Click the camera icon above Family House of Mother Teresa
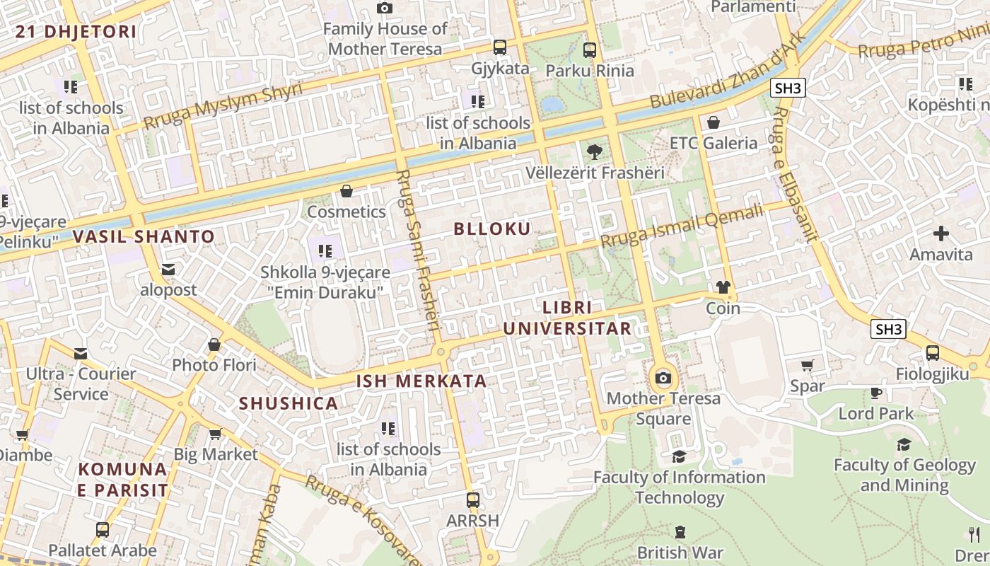point(385,8)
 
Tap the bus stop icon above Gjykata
point(500,47)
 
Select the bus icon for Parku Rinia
point(590,50)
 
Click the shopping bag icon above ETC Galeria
point(714,122)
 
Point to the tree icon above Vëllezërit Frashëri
point(595,151)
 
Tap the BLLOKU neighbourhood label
point(492,229)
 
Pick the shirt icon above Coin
point(723,287)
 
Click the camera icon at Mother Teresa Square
point(663,378)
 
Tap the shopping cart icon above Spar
point(808,366)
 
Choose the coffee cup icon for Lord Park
point(876,393)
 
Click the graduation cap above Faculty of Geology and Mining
point(904,444)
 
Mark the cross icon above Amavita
point(941,233)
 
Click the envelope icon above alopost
point(168,270)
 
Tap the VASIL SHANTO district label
point(144,237)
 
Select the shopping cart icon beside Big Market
point(215,434)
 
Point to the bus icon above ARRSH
point(473,499)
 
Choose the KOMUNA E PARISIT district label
point(124,479)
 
